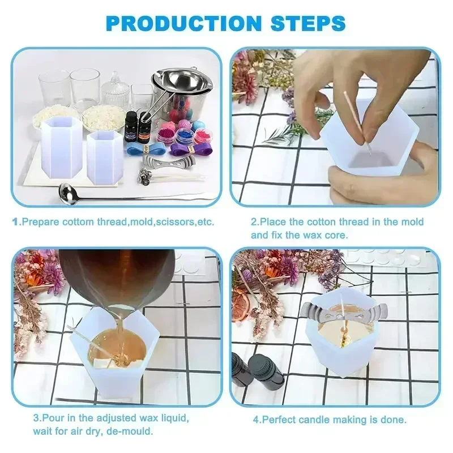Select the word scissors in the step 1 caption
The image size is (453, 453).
point(169,221)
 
